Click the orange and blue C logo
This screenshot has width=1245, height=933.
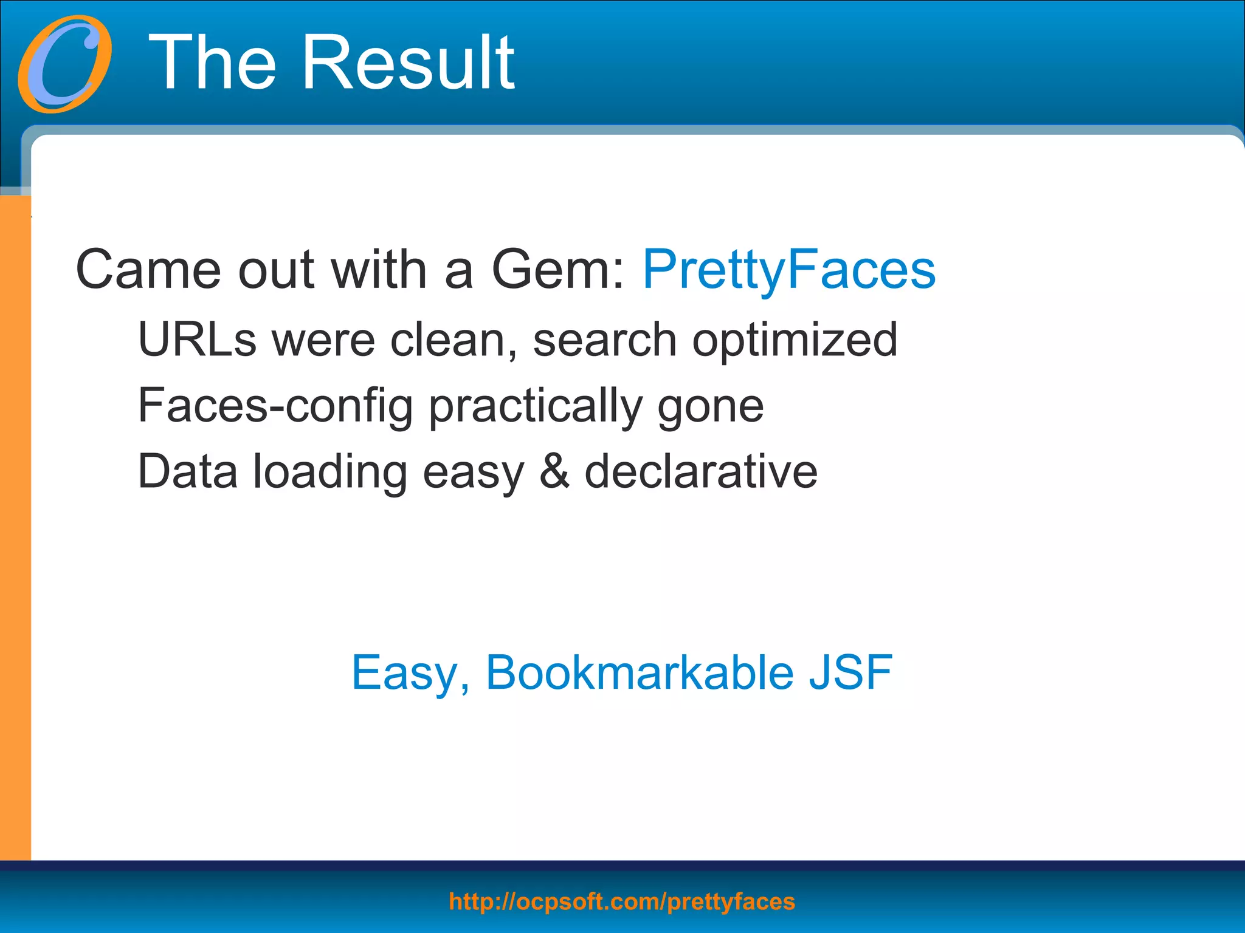click(x=64, y=64)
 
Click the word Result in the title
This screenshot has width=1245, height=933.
click(x=409, y=63)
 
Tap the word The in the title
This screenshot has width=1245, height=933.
click(x=213, y=63)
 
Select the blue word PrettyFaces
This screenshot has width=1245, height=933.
click(x=789, y=270)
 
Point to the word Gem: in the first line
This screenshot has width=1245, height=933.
click(x=558, y=270)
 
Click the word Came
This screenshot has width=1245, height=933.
click(x=148, y=270)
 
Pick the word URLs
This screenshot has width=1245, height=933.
click(x=197, y=340)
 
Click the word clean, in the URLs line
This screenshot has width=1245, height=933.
click(x=454, y=340)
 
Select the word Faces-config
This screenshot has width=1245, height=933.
click(x=275, y=406)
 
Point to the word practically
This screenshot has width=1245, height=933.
click(x=536, y=406)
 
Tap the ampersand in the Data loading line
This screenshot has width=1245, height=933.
click(x=554, y=472)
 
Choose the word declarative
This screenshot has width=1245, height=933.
click(x=701, y=472)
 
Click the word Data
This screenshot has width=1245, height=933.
click(x=187, y=472)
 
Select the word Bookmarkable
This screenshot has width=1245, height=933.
click(x=640, y=672)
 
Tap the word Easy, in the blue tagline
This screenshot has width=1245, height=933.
click(x=411, y=674)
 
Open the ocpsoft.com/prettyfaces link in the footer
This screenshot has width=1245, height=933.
click(x=622, y=902)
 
